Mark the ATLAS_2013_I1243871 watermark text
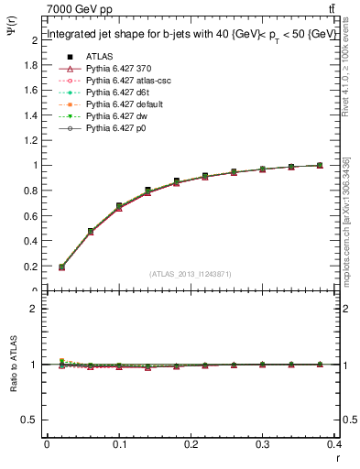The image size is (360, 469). pyautogui.click(x=190, y=275)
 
